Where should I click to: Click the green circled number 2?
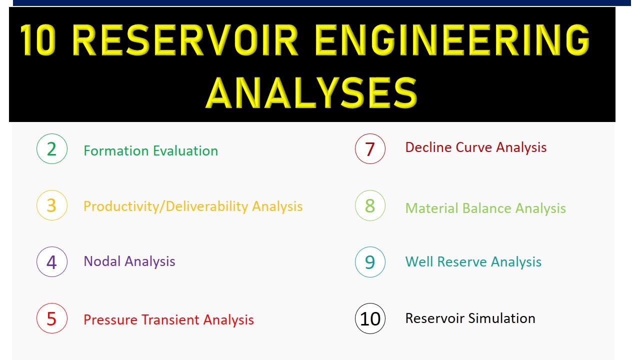click(x=51, y=149)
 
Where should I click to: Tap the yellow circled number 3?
click(x=51, y=205)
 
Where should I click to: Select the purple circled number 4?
click(x=51, y=262)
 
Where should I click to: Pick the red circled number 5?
click(x=51, y=318)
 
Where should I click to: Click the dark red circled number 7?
click(x=370, y=149)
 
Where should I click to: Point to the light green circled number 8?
click(x=370, y=205)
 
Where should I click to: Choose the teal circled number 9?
click(x=370, y=262)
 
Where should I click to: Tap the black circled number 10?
click(x=370, y=318)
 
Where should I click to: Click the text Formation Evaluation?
click(x=150, y=151)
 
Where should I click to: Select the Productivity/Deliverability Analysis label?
click(x=193, y=206)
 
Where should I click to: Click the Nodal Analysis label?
click(x=129, y=261)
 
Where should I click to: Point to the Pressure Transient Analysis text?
click(x=168, y=320)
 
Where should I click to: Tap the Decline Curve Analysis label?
click(x=475, y=147)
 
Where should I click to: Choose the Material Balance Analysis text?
click(x=485, y=208)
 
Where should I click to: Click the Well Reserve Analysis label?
click(x=473, y=262)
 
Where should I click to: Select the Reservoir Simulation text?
click(x=470, y=318)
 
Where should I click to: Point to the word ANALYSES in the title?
click(x=311, y=93)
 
